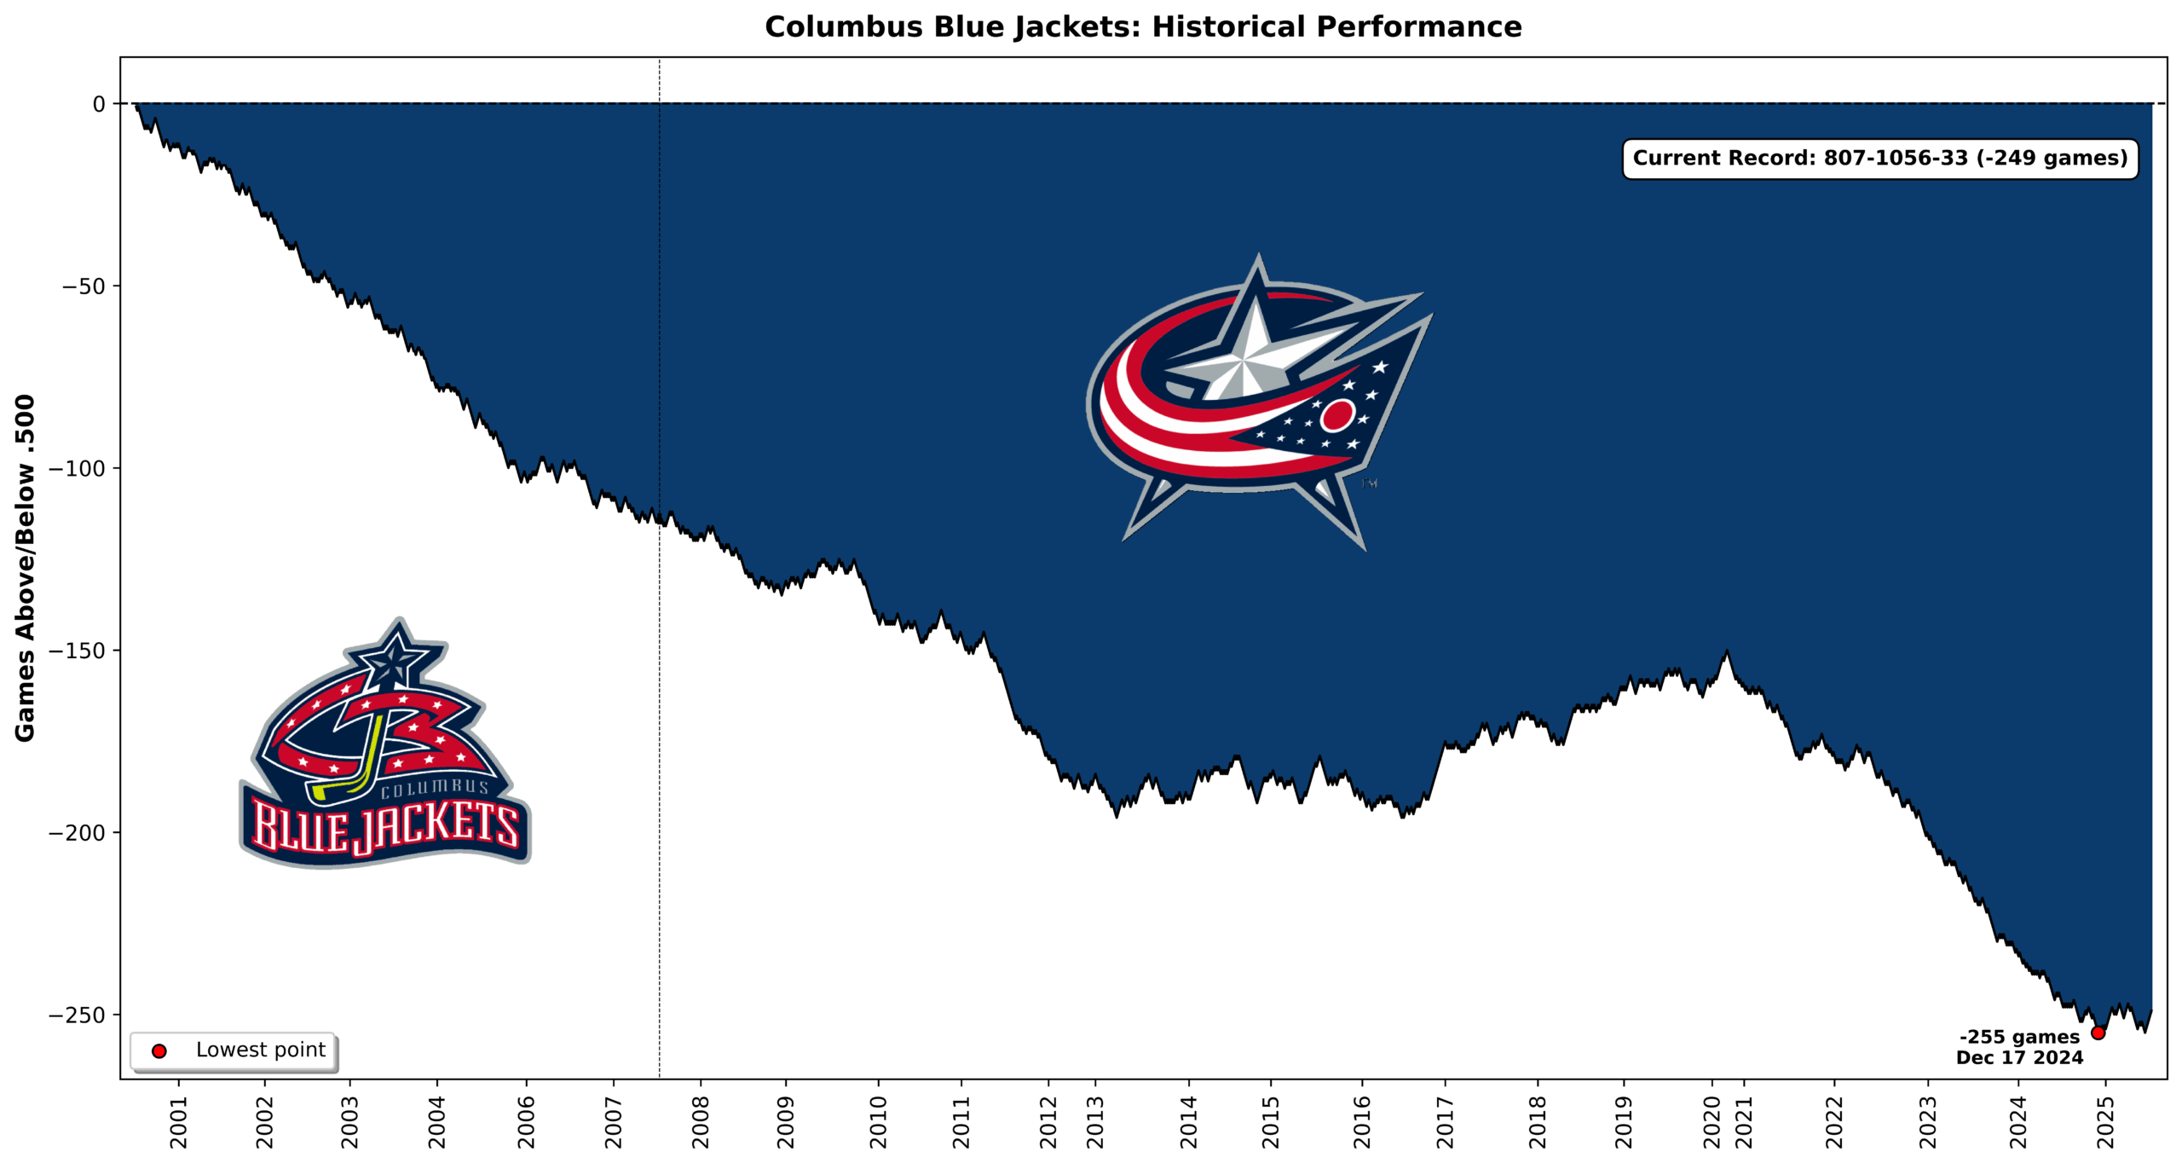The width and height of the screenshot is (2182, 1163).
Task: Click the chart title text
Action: (x=1142, y=27)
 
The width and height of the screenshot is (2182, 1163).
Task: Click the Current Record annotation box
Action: (x=1879, y=159)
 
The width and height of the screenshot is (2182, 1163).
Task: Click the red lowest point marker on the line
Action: (x=2098, y=1033)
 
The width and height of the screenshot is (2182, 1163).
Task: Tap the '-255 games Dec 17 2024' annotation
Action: (x=2018, y=1047)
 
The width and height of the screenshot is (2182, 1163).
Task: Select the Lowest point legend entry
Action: (x=234, y=1050)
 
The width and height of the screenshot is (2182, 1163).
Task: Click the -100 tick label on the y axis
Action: (x=77, y=468)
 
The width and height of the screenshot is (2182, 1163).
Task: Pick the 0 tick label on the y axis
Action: (x=99, y=104)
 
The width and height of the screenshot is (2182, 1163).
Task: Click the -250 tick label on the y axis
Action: (x=77, y=1015)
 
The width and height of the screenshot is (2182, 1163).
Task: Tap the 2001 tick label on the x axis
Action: (x=178, y=1121)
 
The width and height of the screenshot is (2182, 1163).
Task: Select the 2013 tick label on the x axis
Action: (x=1094, y=1121)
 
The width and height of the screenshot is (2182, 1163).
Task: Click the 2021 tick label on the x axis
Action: (x=1744, y=1121)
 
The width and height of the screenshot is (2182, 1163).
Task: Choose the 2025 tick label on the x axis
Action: (x=2105, y=1121)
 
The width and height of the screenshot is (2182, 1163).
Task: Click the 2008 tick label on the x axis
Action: (x=701, y=1121)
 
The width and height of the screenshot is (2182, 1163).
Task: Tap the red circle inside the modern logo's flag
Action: (x=1336, y=415)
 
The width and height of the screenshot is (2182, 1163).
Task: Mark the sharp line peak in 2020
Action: (x=1727, y=652)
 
